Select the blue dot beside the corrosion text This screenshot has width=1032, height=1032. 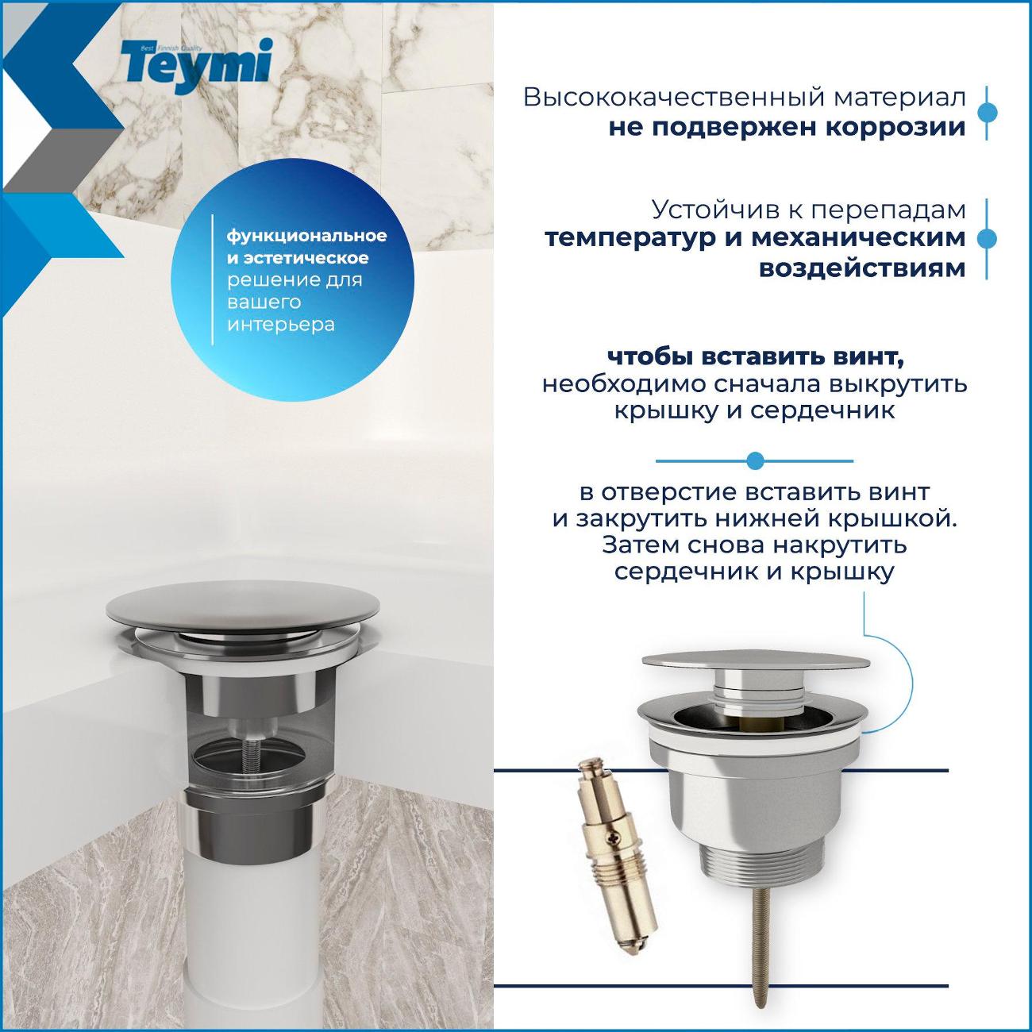click(x=986, y=112)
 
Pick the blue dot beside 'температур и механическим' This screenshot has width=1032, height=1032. click(x=986, y=239)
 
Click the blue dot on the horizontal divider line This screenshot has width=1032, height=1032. click(x=755, y=460)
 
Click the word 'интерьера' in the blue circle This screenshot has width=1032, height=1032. click(x=281, y=325)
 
